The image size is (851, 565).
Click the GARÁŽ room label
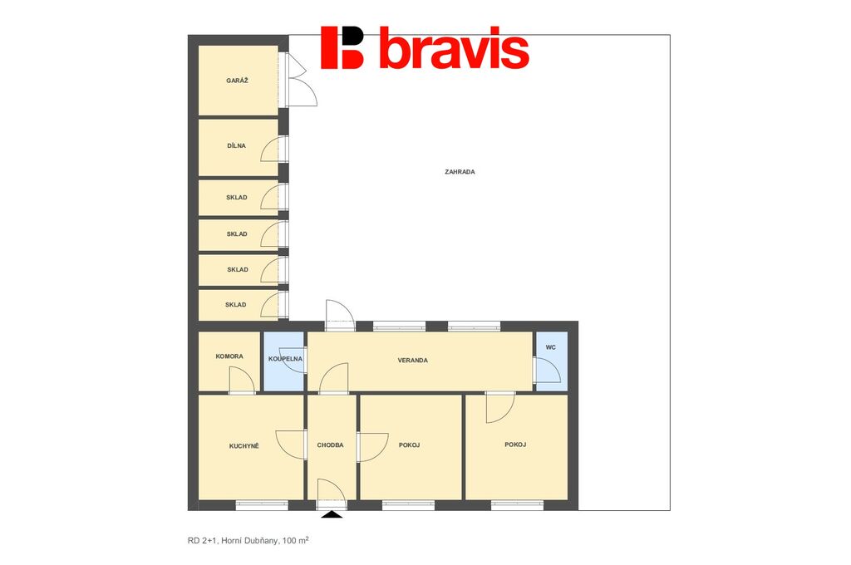click(237, 81)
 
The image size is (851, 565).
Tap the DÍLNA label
click(237, 146)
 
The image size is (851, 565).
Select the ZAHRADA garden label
click(460, 172)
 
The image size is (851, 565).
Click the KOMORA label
click(229, 356)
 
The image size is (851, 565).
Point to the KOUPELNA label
click(286, 359)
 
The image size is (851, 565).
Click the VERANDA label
click(413, 361)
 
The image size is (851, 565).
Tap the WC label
click(551, 347)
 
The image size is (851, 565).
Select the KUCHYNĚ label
click(244, 446)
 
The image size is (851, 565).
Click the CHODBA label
click(331, 445)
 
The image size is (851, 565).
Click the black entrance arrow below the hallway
click(332, 514)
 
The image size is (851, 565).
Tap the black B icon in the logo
click(342, 47)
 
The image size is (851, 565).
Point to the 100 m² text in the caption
click(296, 541)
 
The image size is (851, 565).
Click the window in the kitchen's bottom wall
click(262, 505)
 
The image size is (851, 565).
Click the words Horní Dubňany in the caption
click(249, 541)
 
